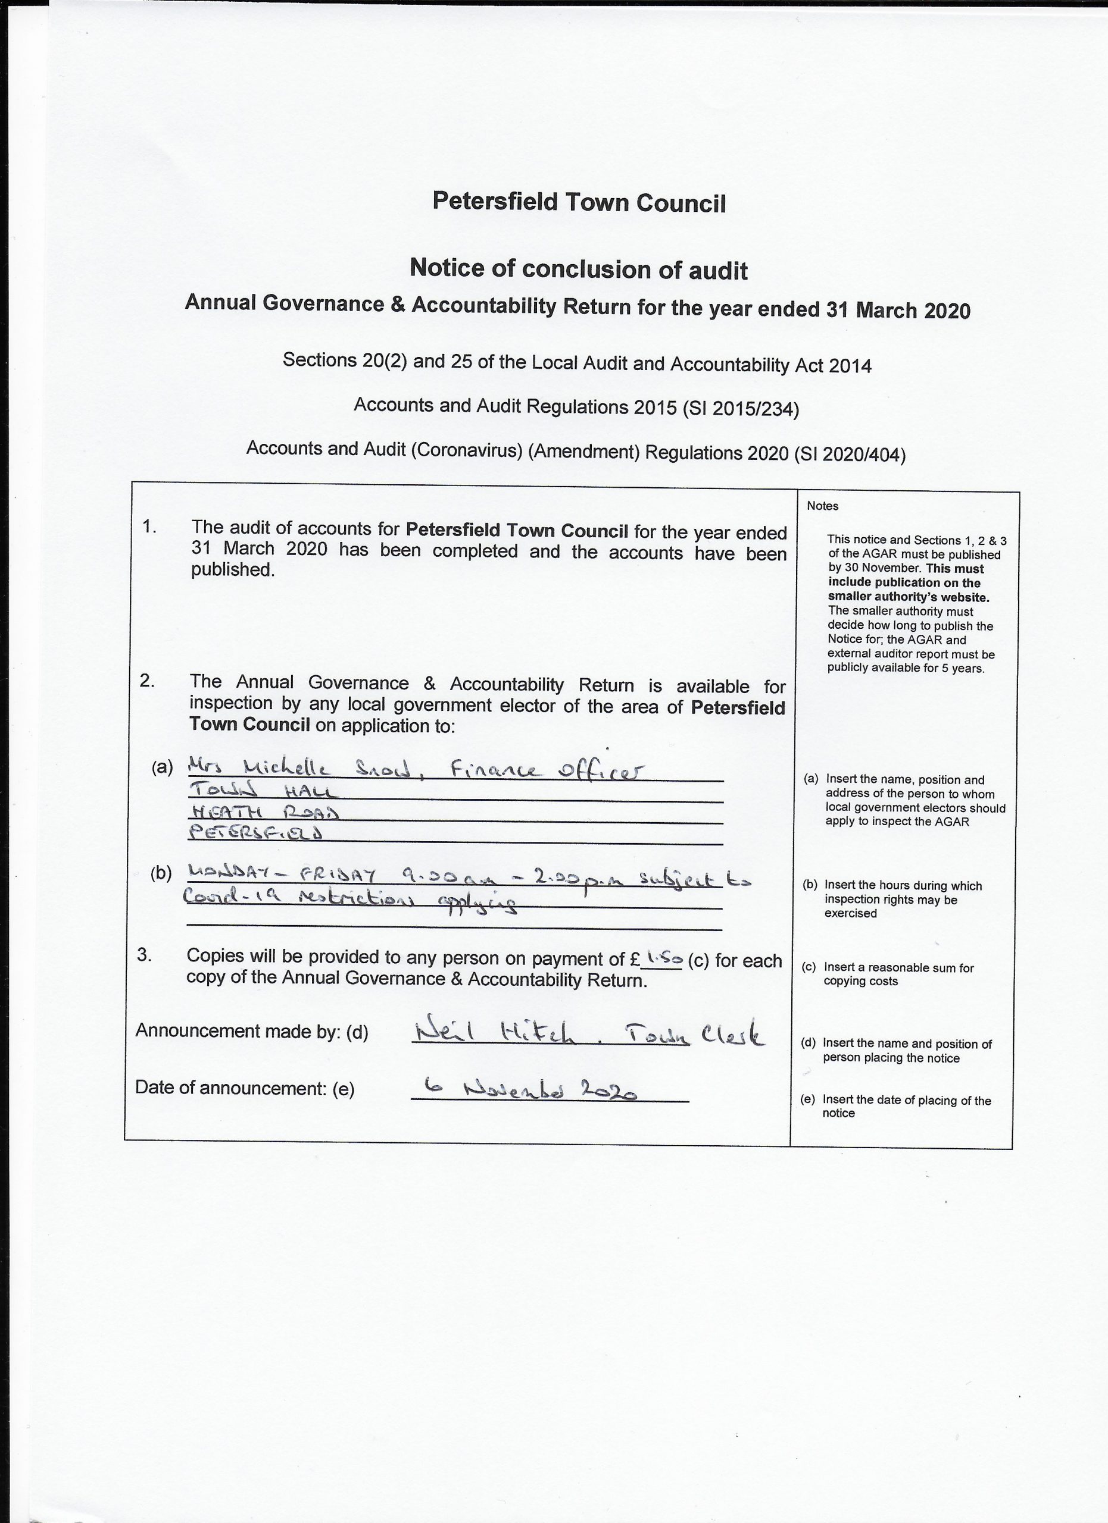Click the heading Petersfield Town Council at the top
pos(579,202)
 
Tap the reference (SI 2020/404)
pos(850,455)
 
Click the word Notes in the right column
pos(822,506)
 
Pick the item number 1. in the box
pos(149,527)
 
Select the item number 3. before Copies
pos(145,954)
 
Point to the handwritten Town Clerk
pos(694,1034)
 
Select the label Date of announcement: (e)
pos(245,1089)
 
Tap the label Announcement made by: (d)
pos(252,1031)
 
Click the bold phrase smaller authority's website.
pos(909,597)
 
